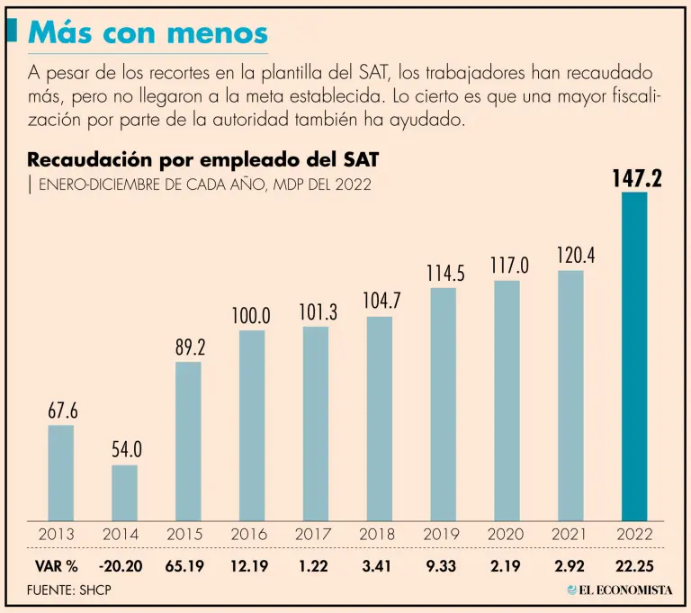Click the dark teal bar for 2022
point(634,356)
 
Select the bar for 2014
point(124,493)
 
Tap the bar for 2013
point(60,473)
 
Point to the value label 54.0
point(126,451)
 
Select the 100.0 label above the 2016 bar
point(252,316)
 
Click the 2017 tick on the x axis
point(316,534)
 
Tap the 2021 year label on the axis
point(570,534)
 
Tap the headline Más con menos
point(148,33)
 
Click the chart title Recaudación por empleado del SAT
point(203,160)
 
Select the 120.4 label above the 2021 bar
point(571,257)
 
